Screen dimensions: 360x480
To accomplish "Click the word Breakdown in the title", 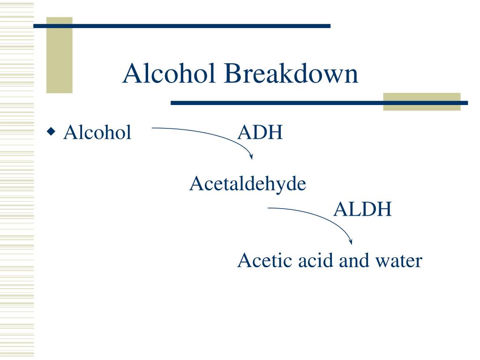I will point(290,74).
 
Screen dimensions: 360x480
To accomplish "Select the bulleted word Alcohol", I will point(97,133).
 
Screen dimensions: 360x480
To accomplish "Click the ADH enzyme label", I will point(260,133).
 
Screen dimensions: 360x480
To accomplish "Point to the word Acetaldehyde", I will point(247,184).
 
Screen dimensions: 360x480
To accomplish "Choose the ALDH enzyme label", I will point(362,210).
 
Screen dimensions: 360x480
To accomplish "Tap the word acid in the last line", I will point(315,261).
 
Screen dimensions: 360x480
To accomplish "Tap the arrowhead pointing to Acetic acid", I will point(351,242).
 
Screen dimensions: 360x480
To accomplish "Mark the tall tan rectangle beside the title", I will point(59,55).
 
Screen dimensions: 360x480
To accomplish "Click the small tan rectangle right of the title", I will point(421,101).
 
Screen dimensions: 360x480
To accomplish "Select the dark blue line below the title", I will point(319,103).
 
